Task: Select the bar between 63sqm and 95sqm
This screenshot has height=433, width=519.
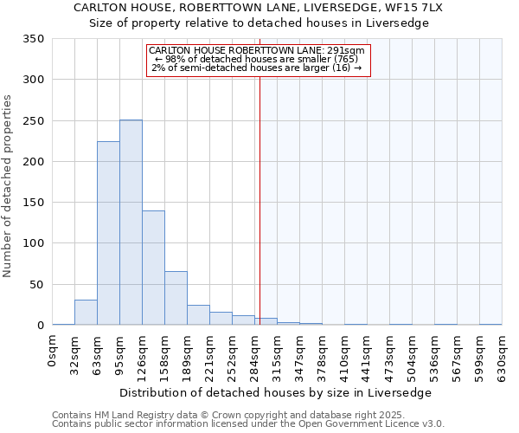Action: point(108,234)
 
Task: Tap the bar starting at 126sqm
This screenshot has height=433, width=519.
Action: point(153,268)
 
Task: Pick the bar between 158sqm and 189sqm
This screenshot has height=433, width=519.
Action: point(176,298)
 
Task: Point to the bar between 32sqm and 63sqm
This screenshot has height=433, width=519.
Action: point(86,313)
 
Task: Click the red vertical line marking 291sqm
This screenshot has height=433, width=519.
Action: point(259,199)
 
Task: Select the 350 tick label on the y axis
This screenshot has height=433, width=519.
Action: point(34,39)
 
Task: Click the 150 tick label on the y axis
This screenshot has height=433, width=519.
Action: point(34,203)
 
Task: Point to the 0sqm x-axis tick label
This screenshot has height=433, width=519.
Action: point(53,350)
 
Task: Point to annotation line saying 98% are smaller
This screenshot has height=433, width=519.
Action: point(258,59)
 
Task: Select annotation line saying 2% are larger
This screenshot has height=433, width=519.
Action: point(258,68)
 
